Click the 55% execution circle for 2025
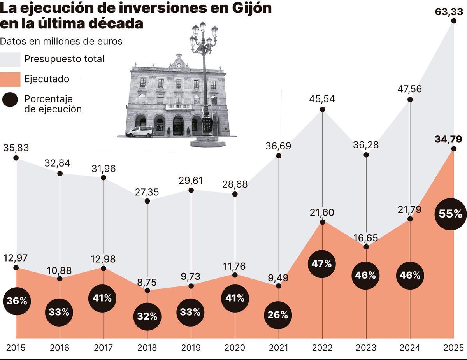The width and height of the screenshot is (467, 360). tap(450, 214)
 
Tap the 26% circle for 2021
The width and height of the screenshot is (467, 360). tap(278, 315)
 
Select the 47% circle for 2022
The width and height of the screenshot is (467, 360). tap(322, 263)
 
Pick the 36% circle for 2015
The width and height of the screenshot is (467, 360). tap(16, 301)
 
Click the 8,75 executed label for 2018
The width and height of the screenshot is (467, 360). tap(147, 281)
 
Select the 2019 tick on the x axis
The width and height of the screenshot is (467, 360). tap(191, 348)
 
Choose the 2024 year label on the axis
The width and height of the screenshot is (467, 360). tap(409, 348)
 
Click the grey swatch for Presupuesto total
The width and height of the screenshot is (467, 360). tap(10, 59)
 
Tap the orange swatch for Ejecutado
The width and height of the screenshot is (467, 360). tap(10, 79)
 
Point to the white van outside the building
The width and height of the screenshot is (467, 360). tap(140, 132)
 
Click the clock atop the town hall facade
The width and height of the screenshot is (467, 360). tap(179, 65)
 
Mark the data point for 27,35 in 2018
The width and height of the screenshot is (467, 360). tap(147, 201)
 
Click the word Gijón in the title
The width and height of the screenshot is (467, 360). tap(252, 9)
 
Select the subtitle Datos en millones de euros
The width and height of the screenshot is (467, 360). tap(61, 41)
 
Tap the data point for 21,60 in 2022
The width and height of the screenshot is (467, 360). tap(322, 222)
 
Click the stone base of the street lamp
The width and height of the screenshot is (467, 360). tap(207, 142)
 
